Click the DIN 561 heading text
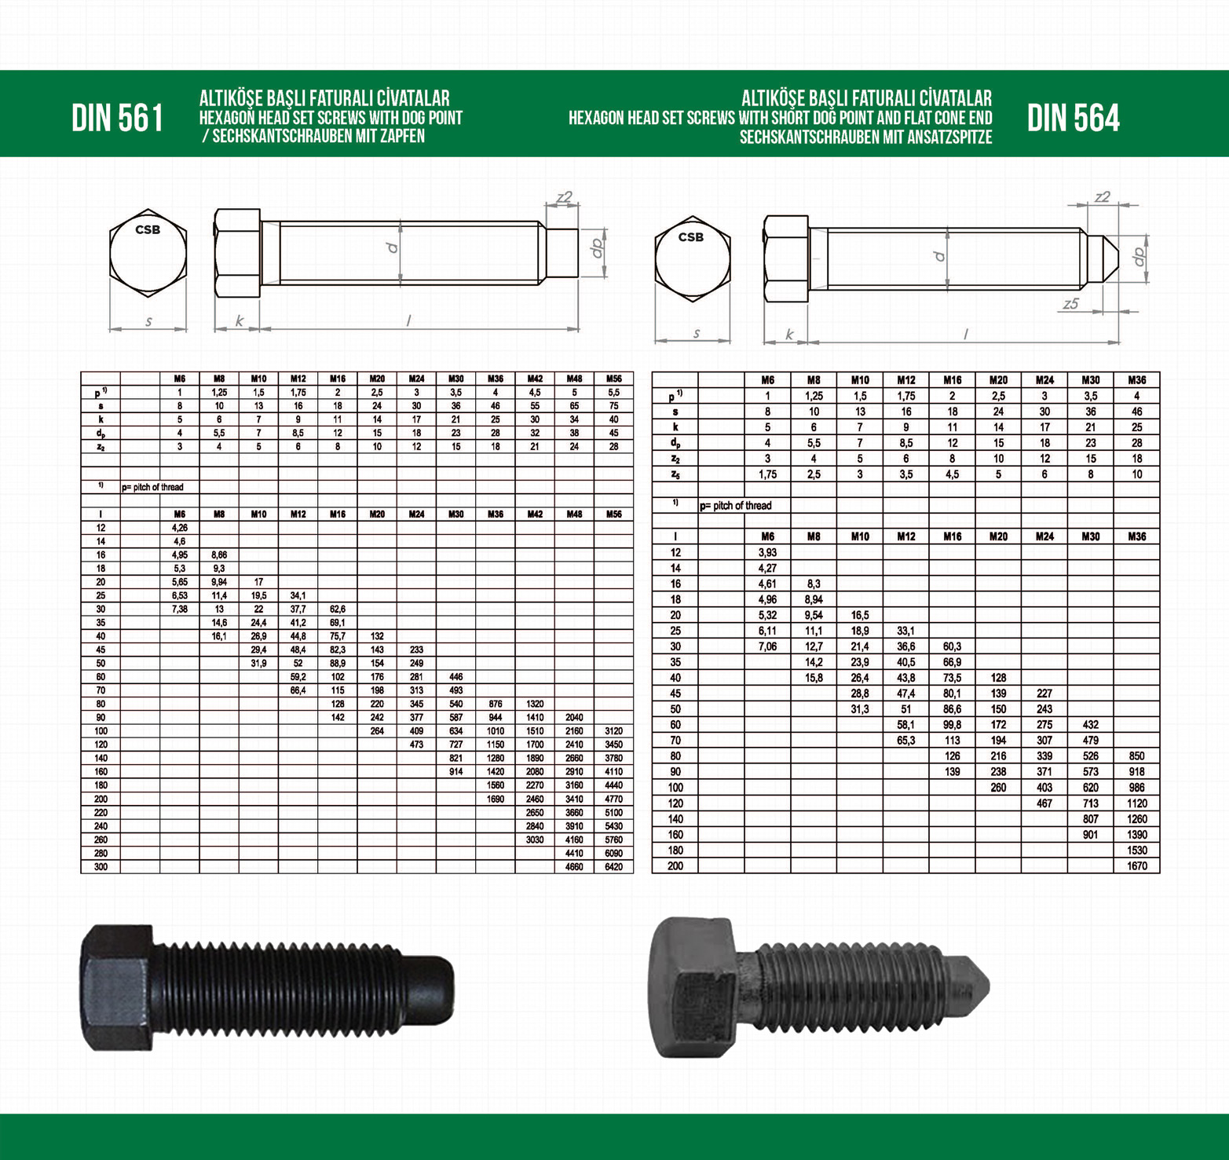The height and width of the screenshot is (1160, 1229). point(118,119)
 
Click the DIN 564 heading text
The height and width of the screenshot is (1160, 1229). point(1073,119)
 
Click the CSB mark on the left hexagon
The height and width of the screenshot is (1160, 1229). point(148,229)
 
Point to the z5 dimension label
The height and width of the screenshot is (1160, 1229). point(1071,303)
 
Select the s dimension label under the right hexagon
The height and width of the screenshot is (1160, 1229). point(696,333)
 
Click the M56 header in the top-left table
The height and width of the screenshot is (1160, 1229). point(613,379)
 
